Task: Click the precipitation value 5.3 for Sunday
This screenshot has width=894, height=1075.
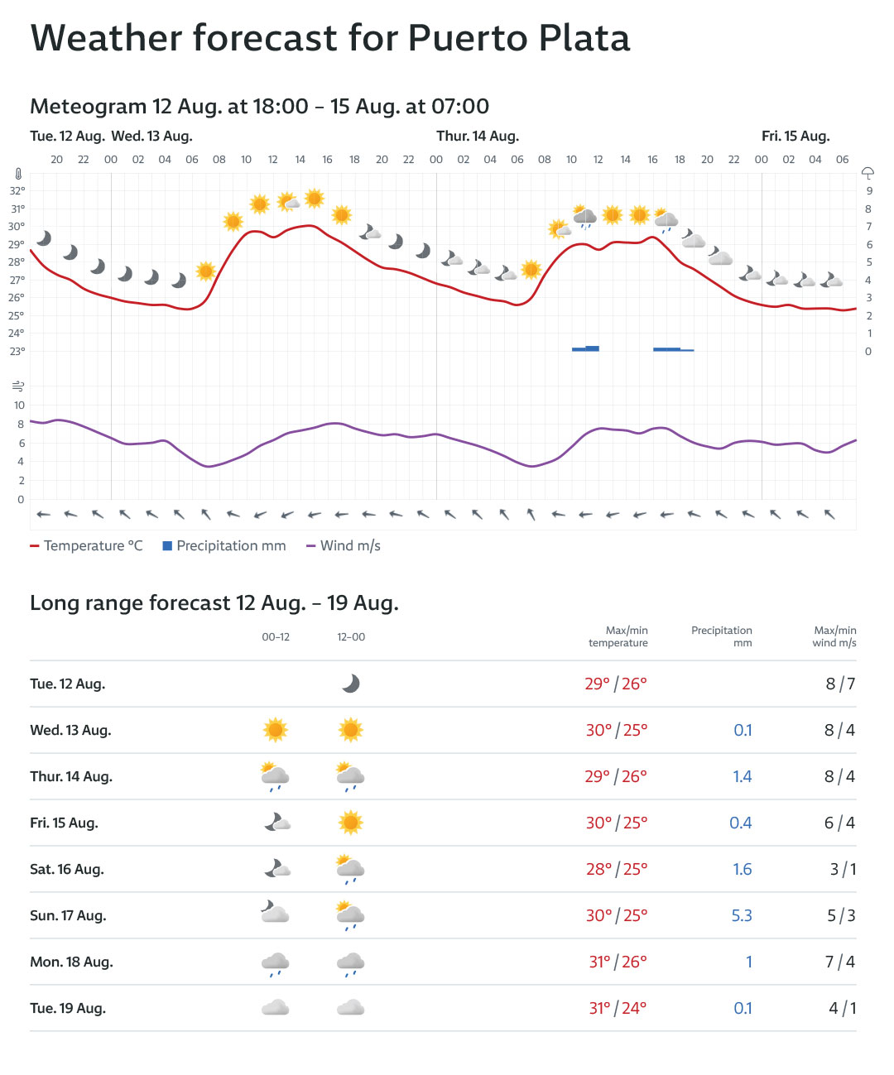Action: click(x=742, y=915)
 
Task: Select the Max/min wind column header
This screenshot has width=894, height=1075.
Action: click(x=834, y=636)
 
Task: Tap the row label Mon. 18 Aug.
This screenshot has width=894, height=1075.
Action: click(x=71, y=962)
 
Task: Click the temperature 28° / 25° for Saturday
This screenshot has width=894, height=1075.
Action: click(x=617, y=869)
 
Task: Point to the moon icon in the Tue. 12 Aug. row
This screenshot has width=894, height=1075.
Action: click(x=351, y=684)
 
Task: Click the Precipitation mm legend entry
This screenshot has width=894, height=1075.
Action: click(x=224, y=546)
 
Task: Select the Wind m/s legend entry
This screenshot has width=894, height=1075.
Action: click(x=344, y=546)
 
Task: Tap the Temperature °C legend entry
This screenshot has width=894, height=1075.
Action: click(x=87, y=546)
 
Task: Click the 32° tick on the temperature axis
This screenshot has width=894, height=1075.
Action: click(x=17, y=190)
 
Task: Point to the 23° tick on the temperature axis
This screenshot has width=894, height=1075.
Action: click(x=17, y=351)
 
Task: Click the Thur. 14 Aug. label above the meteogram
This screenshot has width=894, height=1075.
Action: click(x=478, y=136)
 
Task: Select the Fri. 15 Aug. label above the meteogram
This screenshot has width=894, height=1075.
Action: click(x=795, y=136)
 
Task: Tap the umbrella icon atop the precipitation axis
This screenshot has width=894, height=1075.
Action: click(x=868, y=173)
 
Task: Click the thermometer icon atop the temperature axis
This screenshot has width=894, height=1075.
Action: click(x=17, y=175)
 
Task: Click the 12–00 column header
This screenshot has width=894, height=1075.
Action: click(x=351, y=637)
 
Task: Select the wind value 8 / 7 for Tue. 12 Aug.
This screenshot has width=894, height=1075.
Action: click(x=840, y=684)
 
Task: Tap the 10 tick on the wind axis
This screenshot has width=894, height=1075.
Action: click(x=19, y=406)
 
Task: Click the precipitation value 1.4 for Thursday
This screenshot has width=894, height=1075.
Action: click(x=743, y=776)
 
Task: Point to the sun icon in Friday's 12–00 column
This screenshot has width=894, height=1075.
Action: click(x=351, y=823)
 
